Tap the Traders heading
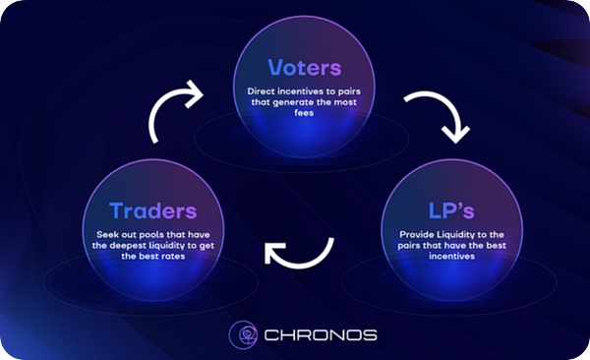click(x=153, y=210)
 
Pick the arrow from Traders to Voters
click(x=172, y=111)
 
